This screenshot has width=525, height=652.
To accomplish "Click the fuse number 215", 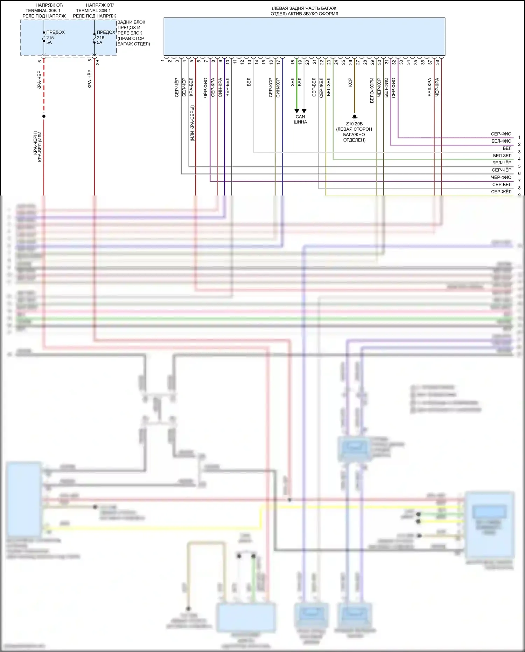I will pyautogui.click(x=50, y=37).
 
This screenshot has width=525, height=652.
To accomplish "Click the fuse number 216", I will pyautogui.click(x=100, y=37).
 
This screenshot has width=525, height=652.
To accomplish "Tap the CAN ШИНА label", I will pyautogui.click(x=300, y=119).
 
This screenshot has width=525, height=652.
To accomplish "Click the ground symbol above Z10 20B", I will pyautogui.click(x=355, y=117).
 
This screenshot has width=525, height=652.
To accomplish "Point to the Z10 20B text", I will pyautogui.click(x=354, y=124).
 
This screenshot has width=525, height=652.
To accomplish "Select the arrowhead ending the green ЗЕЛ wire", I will pyautogui.click(x=297, y=111).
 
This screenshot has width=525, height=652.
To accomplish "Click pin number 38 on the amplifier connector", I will pyautogui.click(x=437, y=62).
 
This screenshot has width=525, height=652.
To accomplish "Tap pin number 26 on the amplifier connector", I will pyautogui.click(x=351, y=62).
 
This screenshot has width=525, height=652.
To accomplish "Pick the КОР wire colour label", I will pyautogui.click(x=350, y=82).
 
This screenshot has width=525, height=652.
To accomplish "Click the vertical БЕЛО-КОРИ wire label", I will pyautogui.click(x=372, y=90).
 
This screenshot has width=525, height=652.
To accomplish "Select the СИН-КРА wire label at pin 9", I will pyautogui.click(x=220, y=87).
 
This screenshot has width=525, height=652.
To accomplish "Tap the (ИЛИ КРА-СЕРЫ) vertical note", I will pyautogui.click(x=192, y=123).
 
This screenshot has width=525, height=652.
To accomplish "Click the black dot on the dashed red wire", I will pyautogui.click(x=44, y=116).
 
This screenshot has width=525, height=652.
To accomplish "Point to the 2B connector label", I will pyautogui.click(x=98, y=62).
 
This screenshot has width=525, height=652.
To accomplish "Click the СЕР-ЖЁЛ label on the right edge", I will pyautogui.click(x=501, y=192).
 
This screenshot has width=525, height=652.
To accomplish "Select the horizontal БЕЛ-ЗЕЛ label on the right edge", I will pyautogui.click(x=502, y=156).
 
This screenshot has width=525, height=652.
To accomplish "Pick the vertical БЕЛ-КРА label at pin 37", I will pyautogui.click(x=429, y=87).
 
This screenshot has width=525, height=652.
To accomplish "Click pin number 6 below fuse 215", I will pyautogui.click(x=40, y=61).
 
